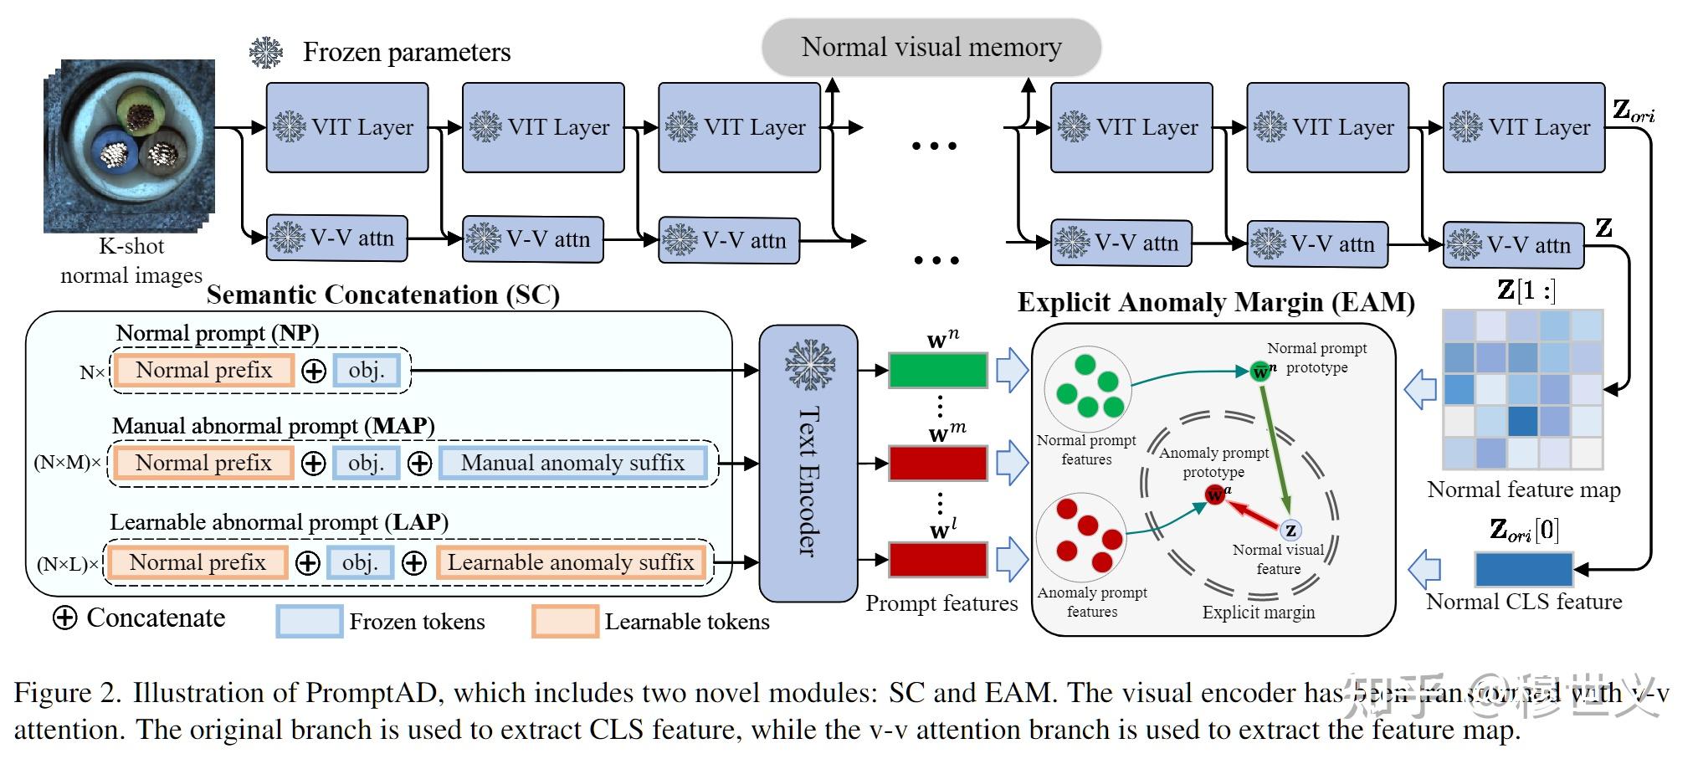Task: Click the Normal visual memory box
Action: pos(931,48)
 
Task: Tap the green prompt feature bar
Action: pos(937,370)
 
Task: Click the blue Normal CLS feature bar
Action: pos(1523,569)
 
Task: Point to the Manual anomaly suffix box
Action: pos(572,463)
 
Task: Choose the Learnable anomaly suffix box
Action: pos(571,562)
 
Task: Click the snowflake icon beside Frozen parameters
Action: pos(267,52)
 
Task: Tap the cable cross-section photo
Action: pos(130,144)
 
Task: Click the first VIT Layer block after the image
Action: pos(347,127)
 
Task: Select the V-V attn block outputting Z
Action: pos(1513,244)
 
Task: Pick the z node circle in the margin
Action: pos(1290,530)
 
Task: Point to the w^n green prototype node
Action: pos(1260,371)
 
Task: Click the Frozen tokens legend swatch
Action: pos(309,622)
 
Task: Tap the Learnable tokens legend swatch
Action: pos(565,622)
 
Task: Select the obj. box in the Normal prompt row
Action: pos(366,371)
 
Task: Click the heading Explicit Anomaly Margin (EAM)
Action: pos(1215,302)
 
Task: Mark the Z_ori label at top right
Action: pos(1632,110)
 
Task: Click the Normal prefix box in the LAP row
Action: pos(197,562)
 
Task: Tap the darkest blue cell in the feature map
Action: pos(1522,420)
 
